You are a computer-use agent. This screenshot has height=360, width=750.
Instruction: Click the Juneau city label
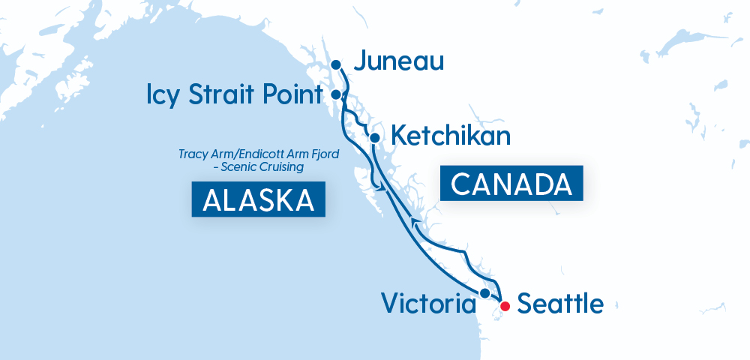[x=399, y=61]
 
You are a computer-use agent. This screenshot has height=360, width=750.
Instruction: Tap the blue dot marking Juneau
[x=337, y=64]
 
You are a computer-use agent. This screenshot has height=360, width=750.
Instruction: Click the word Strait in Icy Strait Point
[x=220, y=95]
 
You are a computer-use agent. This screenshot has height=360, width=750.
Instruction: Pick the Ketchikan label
[x=451, y=136]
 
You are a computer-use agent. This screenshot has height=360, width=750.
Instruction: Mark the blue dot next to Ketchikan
[x=374, y=137]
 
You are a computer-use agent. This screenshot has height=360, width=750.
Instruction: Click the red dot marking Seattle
[x=505, y=305]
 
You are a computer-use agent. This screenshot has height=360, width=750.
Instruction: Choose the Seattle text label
[x=560, y=304]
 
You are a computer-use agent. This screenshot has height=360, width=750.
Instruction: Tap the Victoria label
[x=428, y=304]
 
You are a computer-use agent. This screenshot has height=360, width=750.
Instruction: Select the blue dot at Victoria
[x=485, y=292]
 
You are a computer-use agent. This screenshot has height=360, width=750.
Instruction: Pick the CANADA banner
[x=511, y=183]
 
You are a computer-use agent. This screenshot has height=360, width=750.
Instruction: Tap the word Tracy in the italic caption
[x=193, y=154]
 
